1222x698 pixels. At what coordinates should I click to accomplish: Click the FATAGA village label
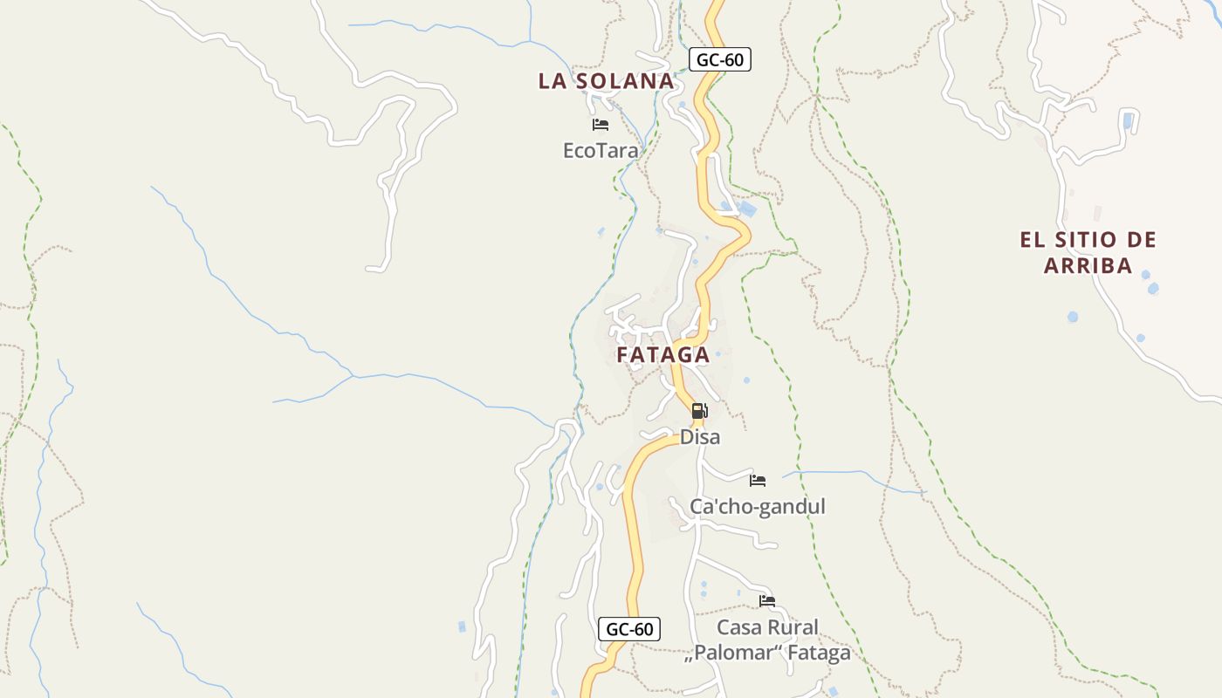662,355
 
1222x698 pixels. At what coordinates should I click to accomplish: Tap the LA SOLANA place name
606,81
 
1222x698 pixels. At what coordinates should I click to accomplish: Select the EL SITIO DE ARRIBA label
1088,252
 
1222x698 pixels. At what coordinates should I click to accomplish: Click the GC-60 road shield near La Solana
720,59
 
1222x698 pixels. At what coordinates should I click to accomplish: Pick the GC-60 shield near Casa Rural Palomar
629,629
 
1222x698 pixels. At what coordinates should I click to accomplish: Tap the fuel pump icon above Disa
699,411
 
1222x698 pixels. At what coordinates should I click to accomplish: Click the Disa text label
700,437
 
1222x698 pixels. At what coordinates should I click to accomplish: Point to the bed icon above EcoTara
600,125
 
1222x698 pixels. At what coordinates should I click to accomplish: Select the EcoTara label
601,151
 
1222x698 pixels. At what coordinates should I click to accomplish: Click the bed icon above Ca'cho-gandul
758,481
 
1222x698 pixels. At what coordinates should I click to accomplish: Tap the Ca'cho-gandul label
757,507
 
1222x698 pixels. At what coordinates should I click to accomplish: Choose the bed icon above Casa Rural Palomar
767,601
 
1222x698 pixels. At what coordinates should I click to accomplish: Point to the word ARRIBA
1088,265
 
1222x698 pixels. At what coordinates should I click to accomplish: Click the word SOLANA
627,81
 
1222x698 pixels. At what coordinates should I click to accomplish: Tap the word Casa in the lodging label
738,627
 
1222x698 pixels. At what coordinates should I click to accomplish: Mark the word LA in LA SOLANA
553,81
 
